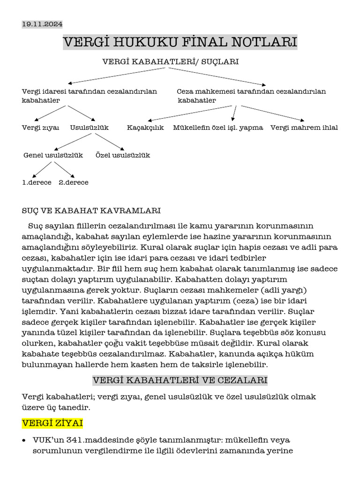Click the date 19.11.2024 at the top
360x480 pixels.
point(42,24)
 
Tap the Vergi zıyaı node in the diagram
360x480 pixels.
point(40,127)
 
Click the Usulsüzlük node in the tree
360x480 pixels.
point(89,127)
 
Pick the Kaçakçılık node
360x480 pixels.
point(145,127)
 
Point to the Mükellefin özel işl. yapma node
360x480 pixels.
point(218,127)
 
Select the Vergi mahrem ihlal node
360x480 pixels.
point(304,127)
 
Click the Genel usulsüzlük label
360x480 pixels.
point(53,155)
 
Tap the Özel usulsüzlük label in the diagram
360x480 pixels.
point(123,155)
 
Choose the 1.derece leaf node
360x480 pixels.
point(37,182)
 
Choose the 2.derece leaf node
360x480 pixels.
point(74,182)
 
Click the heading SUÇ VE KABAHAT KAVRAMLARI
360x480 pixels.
point(91,210)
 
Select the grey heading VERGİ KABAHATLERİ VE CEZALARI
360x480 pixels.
point(180,379)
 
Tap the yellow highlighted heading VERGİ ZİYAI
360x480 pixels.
point(52,423)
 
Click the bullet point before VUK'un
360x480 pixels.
point(24,441)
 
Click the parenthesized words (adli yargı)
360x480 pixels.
point(280,290)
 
